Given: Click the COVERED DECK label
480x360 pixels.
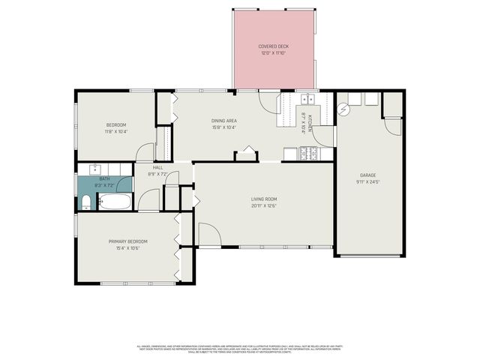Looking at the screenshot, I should click(274, 46).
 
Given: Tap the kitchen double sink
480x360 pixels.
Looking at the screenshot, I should click(307, 97).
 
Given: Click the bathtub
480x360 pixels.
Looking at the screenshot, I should click(115, 202).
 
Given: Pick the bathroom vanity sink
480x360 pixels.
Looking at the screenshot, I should click(95, 168).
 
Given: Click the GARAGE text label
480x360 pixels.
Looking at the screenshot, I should click(367, 175).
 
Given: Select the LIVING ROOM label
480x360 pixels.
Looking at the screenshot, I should click(264, 199).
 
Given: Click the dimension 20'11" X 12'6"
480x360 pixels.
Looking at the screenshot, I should click(264, 205).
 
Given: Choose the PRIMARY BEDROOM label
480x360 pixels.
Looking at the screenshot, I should click(127, 241).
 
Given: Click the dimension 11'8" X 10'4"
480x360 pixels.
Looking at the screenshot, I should click(115, 131).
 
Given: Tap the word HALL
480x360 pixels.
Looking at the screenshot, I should click(158, 167).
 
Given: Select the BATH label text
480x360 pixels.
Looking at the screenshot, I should click(104, 178).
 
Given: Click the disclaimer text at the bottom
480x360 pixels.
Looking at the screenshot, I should click(240, 349).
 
